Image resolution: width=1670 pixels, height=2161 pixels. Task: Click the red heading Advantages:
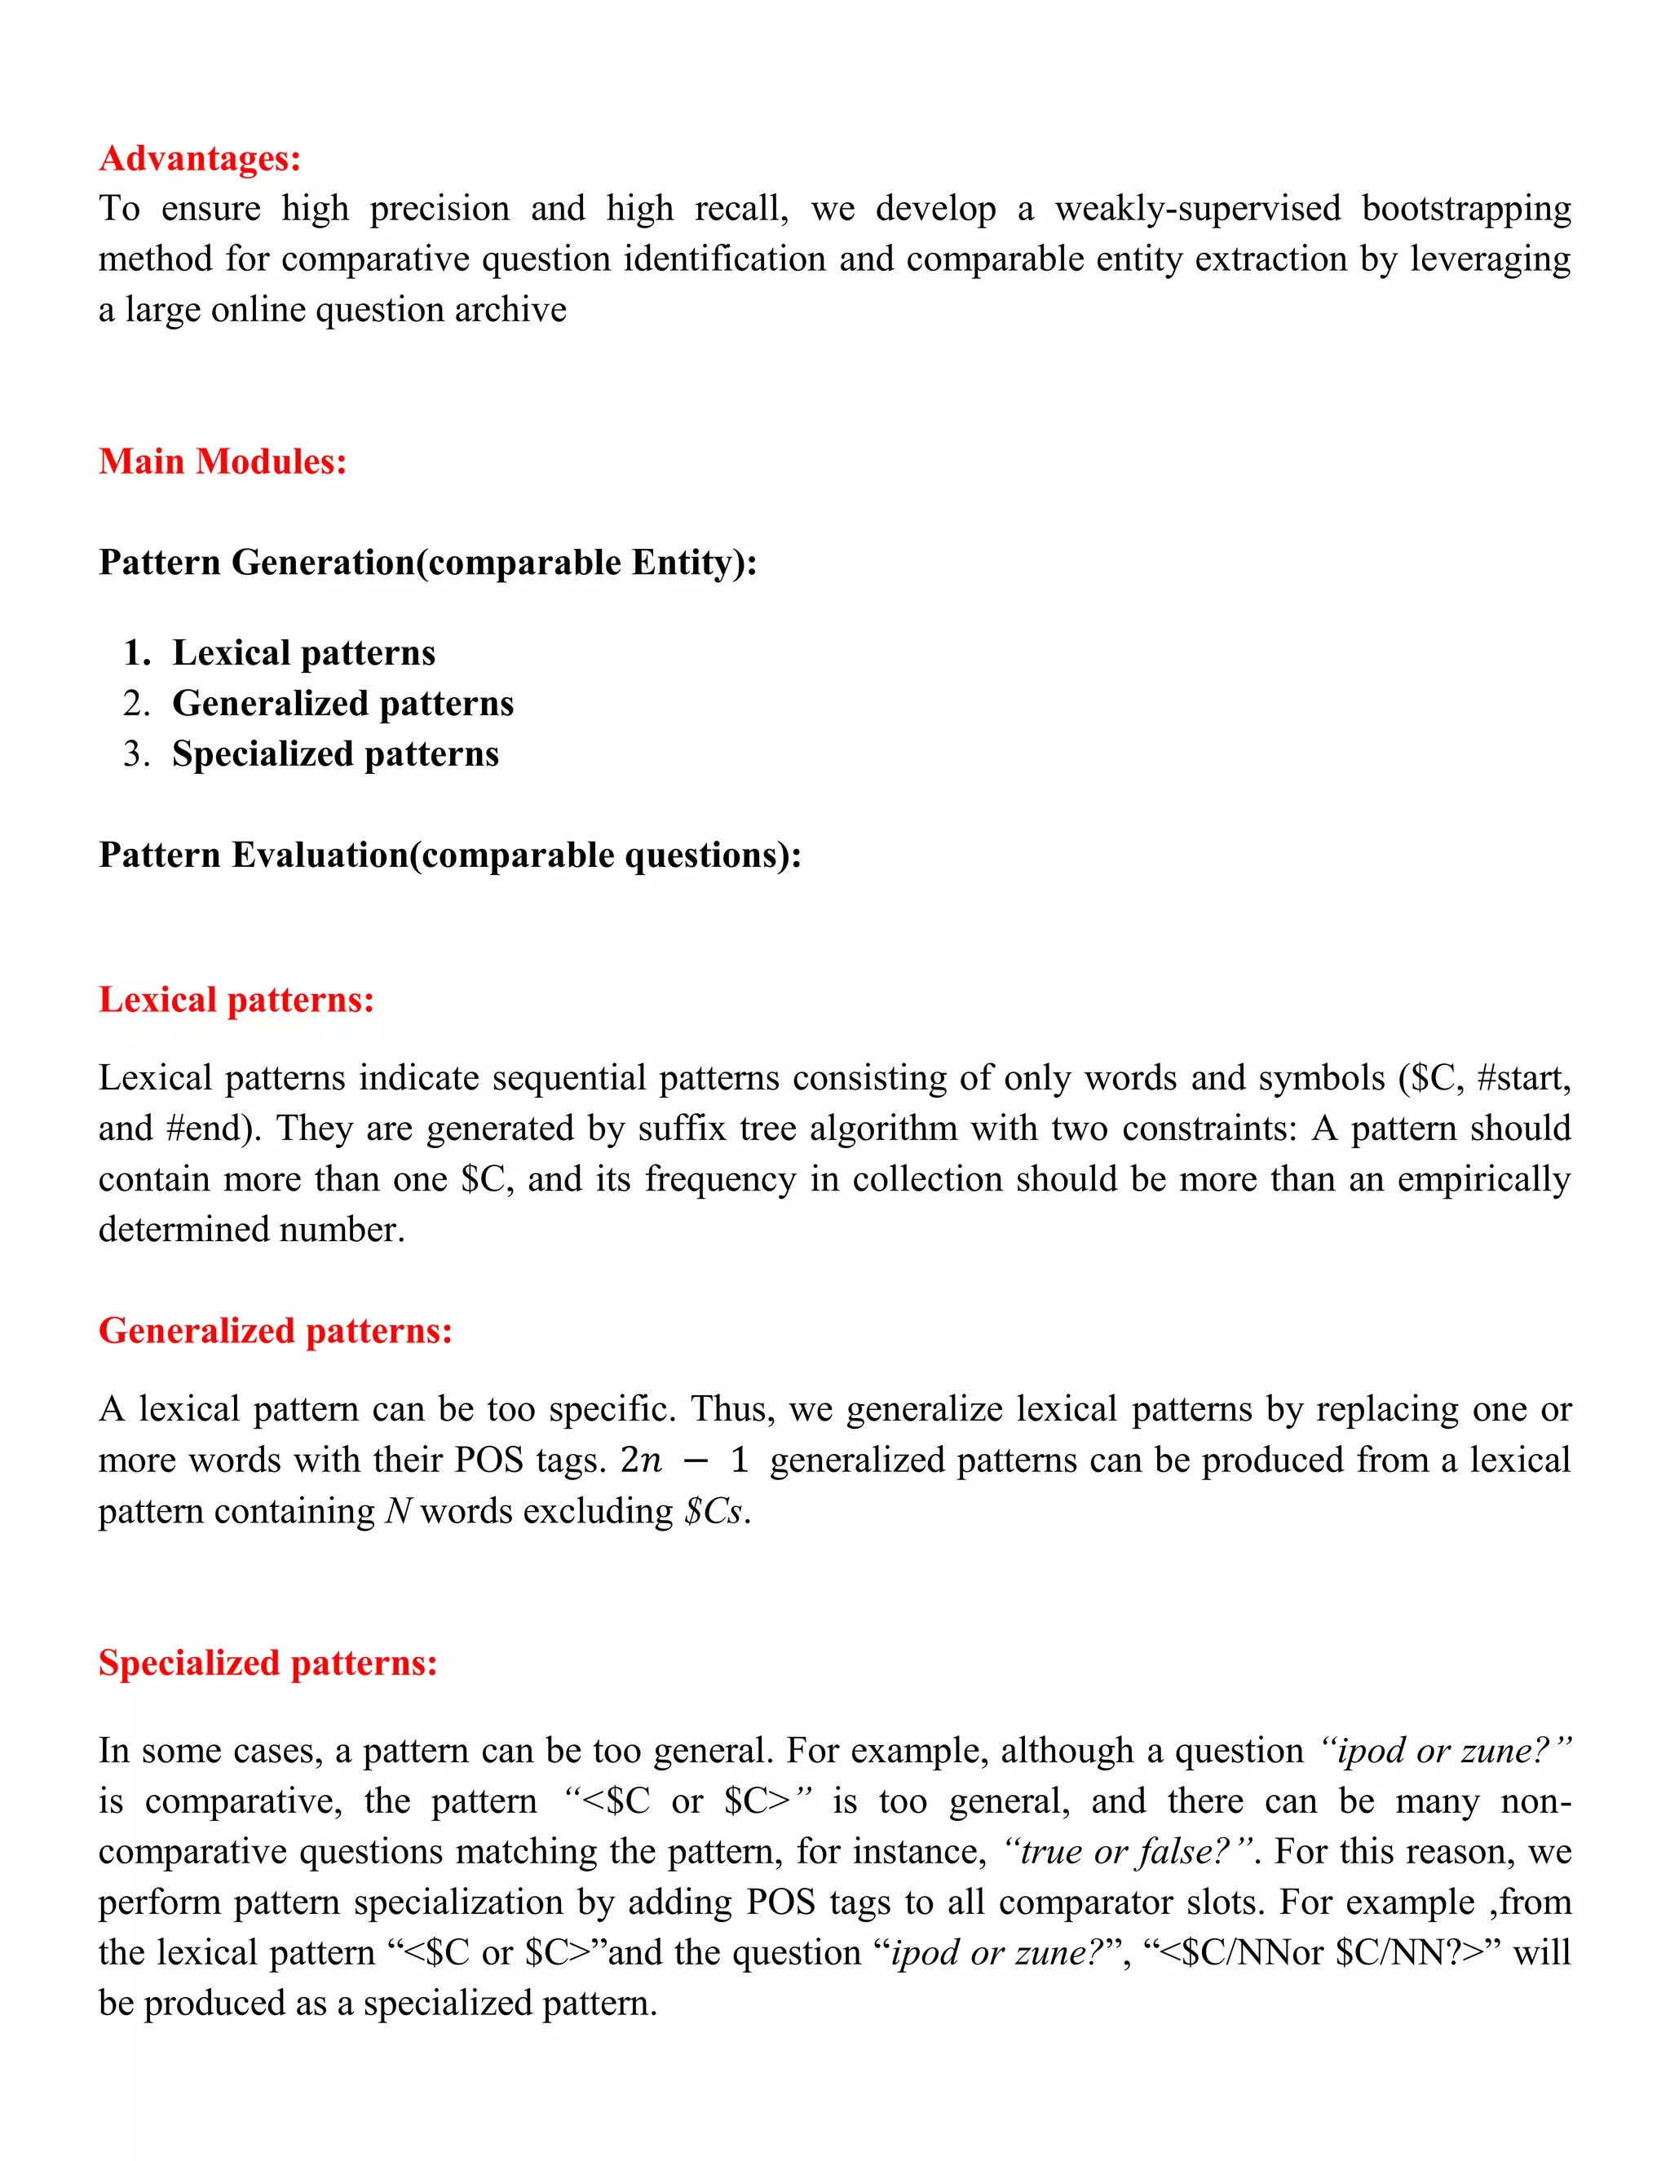[x=200, y=158]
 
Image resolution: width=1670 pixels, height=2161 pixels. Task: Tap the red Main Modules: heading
[x=223, y=461]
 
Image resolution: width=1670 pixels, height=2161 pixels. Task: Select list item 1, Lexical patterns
[x=303, y=653]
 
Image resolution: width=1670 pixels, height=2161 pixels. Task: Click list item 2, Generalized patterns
[x=342, y=704]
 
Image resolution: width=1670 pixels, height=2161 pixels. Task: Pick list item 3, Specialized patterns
[x=335, y=754]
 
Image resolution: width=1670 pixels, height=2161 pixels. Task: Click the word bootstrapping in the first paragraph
[x=1466, y=209]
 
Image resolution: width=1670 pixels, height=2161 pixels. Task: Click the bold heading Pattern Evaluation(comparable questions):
[x=450, y=855]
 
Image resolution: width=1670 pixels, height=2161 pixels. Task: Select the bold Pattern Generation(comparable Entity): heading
[x=427, y=562]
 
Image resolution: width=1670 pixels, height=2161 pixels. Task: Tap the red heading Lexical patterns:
[x=236, y=1000]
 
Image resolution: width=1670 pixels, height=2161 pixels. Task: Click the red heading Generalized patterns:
[x=275, y=1331]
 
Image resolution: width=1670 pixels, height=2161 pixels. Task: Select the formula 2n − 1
[x=683, y=1461]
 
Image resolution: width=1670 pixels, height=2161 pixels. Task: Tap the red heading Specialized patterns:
[x=267, y=1662]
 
